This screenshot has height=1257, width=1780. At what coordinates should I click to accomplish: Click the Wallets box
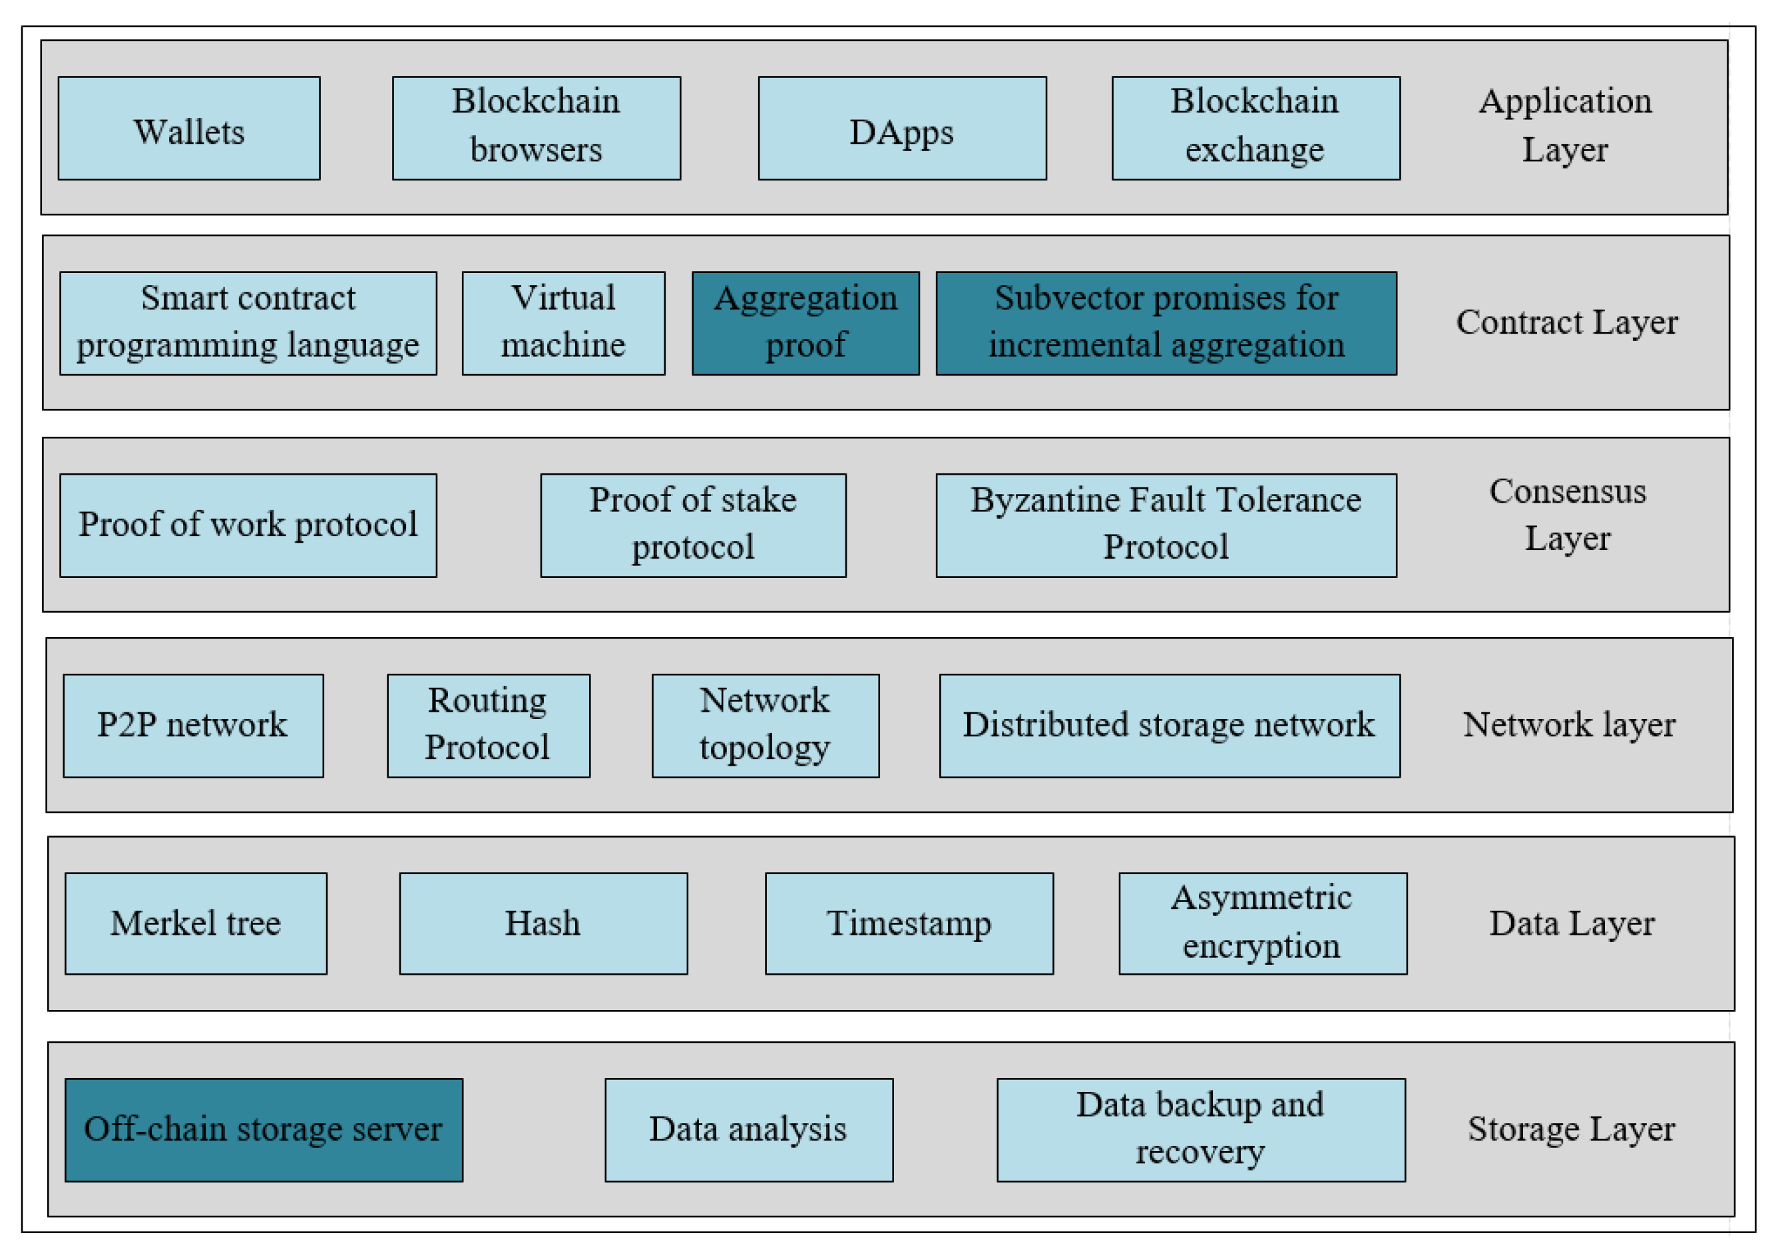point(188,128)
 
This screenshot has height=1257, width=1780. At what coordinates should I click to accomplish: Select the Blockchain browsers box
point(536,128)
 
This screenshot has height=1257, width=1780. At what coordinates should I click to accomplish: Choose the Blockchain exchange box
point(1255,128)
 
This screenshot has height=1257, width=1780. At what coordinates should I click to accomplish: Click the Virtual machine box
point(563,324)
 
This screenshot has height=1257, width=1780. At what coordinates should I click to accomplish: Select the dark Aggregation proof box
point(805,324)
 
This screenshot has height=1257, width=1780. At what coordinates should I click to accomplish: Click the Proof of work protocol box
point(248,525)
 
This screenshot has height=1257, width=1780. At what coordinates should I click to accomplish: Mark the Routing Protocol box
point(488,725)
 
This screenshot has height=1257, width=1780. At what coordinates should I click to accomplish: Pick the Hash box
point(543,923)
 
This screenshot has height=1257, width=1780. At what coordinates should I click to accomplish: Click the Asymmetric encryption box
point(1262,923)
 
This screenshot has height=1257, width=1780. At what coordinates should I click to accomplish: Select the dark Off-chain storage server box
point(263,1129)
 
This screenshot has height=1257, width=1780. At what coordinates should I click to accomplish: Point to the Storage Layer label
point(1571,1129)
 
